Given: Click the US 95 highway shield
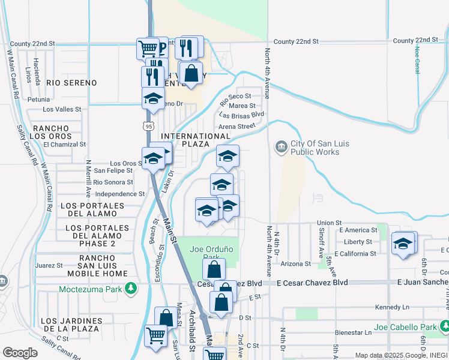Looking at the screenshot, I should point(148,125).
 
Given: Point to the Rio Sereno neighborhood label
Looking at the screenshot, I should point(71,82).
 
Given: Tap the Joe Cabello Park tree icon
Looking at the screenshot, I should point(445,327).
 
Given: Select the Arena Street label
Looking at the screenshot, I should point(237,126).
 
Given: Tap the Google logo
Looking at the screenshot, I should point(20,352).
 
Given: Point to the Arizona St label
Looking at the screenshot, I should point(295,263).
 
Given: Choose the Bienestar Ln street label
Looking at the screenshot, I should point(351,332).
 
